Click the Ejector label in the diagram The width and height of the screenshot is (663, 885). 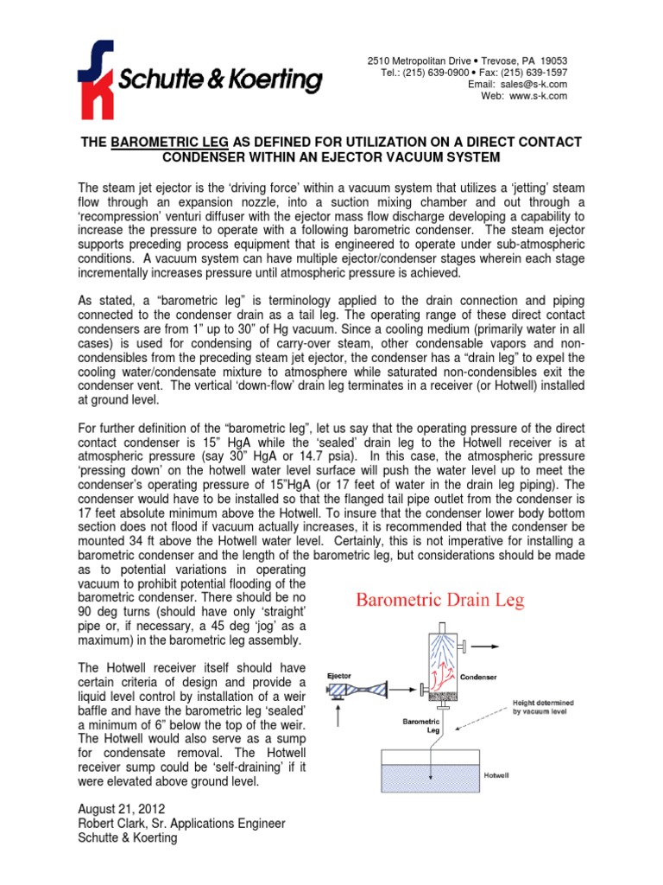pos(339,676)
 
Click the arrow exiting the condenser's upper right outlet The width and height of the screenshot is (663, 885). pos(496,645)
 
